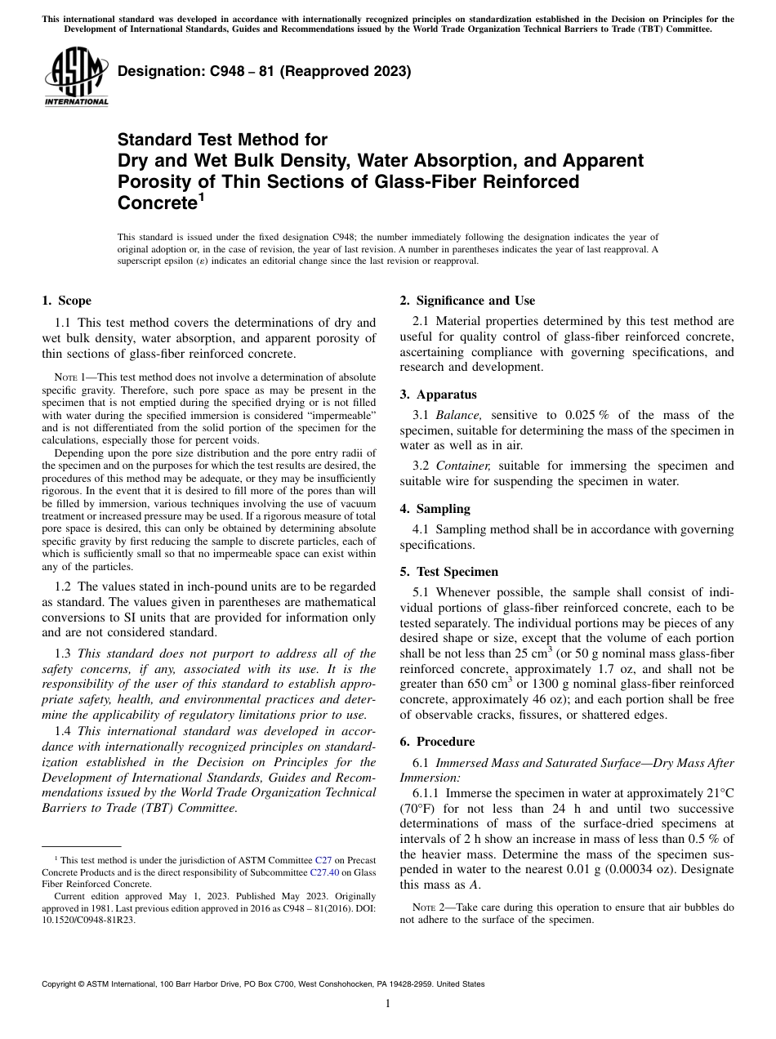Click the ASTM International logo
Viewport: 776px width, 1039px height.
(75, 77)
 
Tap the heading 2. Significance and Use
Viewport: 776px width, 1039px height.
(467, 301)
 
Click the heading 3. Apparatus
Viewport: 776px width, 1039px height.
(439, 395)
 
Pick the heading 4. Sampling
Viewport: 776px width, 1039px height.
(435, 509)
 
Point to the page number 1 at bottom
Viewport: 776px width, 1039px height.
(387, 1005)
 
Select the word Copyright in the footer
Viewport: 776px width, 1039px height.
(62, 984)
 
